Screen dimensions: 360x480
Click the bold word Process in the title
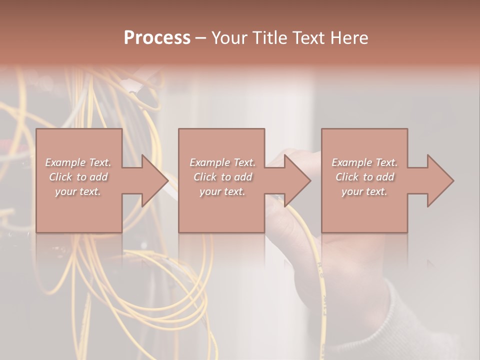157,38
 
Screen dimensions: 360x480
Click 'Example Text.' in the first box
78,162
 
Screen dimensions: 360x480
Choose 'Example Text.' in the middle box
222,162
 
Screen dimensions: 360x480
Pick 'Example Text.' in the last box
364,162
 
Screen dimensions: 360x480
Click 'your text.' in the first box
78,191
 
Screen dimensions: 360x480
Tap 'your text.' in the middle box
222,191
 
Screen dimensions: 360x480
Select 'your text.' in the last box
364,191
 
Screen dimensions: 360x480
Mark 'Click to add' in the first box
78,177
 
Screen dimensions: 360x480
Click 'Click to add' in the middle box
222,177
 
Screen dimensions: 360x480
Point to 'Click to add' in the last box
364,177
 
